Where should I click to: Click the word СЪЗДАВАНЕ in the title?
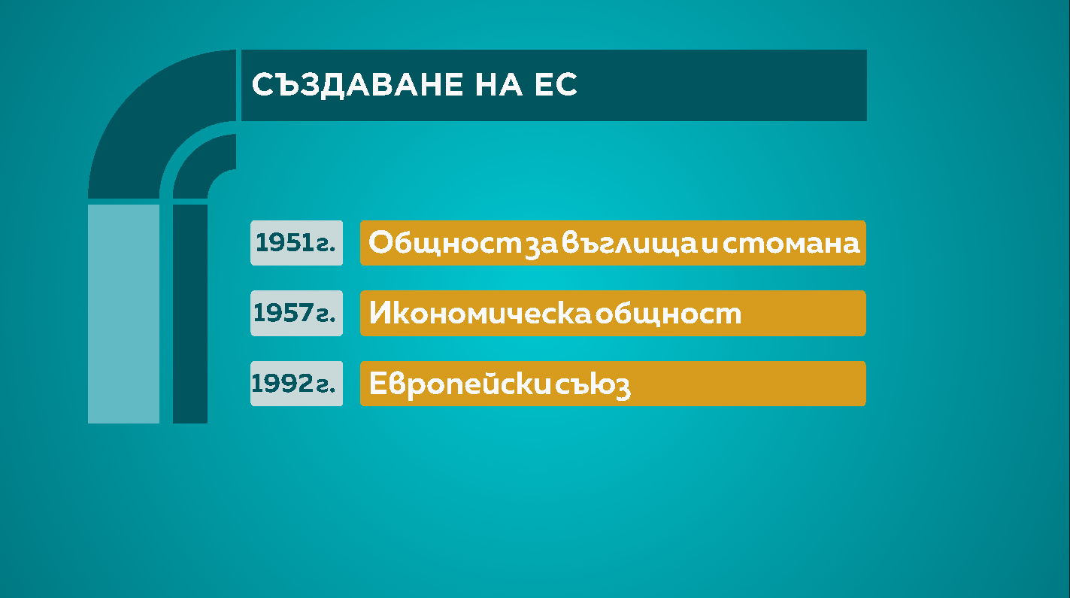pyautogui.click(x=357, y=86)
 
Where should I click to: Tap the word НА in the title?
pyautogui.click(x=499, y=84)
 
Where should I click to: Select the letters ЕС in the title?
pyautogui.click(x=556, y=84)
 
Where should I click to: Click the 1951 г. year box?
pyautogui.click(x=297, y=243)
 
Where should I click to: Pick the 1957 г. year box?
pyautogui.click(x=297, y=313)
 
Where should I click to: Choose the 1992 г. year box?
pyautogui.click(x=297, y=384)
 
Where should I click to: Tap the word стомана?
pyautogui.click(x=791, y=243)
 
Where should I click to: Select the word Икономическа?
pyautogui.click(x=480, y=313)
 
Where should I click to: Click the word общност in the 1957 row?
pyautogui.click(x=668, y=314)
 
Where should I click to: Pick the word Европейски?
pyautogui.click(x=460, y=384)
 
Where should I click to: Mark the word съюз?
pyautogui.click(x=593, y=386)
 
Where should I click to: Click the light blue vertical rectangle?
pyautogui.click(x=124, y=314)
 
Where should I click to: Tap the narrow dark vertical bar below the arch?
pyautogui.click(x=190, y=314)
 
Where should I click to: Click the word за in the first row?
pyautogui.click(x=541, y=245)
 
